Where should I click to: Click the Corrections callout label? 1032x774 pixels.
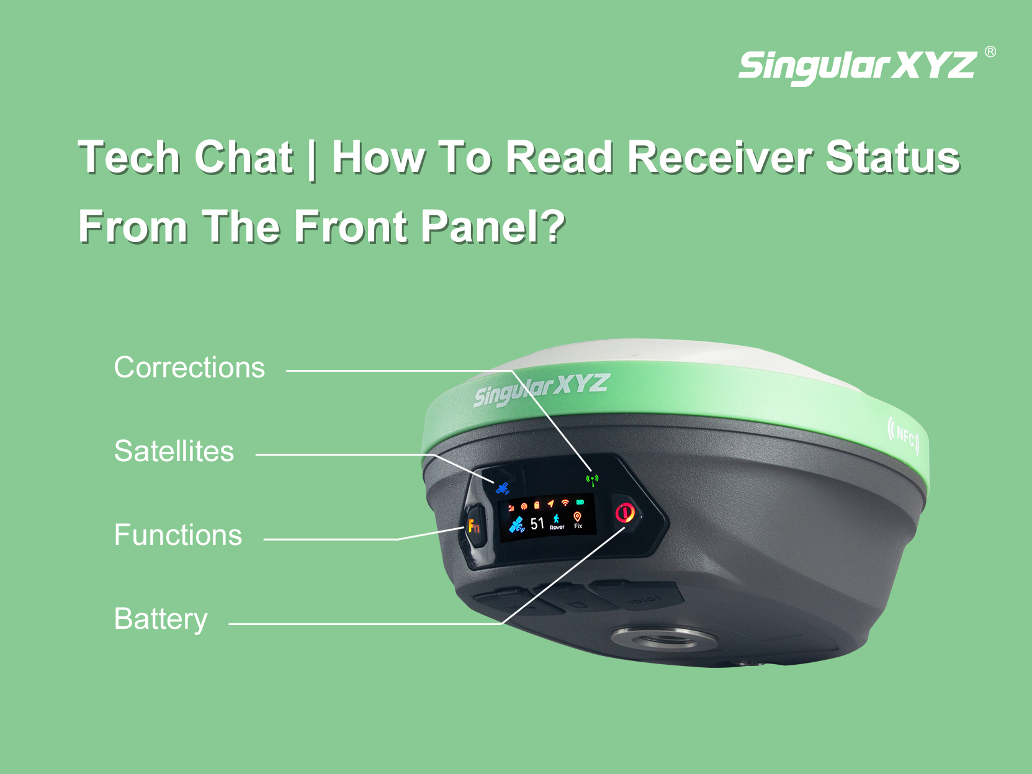coord(189,367)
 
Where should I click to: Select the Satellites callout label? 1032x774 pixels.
coord(174,451)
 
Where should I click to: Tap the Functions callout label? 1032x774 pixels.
coord(178,535)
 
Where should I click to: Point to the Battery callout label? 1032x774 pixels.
coord(161,619)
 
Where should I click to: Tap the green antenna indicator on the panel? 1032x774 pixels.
coord(593,480)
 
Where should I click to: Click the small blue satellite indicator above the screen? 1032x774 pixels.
coord(503,488)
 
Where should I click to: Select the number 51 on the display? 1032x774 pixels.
coord(537,523)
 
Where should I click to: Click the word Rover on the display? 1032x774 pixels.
coord(557,528)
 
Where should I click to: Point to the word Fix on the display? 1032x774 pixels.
coord(578,526)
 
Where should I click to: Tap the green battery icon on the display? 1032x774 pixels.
coord(580,502)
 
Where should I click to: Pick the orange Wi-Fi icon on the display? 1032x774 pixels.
coord(565,503)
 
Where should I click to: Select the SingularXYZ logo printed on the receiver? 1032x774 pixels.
coord(541,389)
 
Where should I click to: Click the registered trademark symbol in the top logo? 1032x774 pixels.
coord(990,52)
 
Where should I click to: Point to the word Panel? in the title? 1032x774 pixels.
coord(493,226)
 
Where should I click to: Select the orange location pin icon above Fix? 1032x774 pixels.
coord(577,517)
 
